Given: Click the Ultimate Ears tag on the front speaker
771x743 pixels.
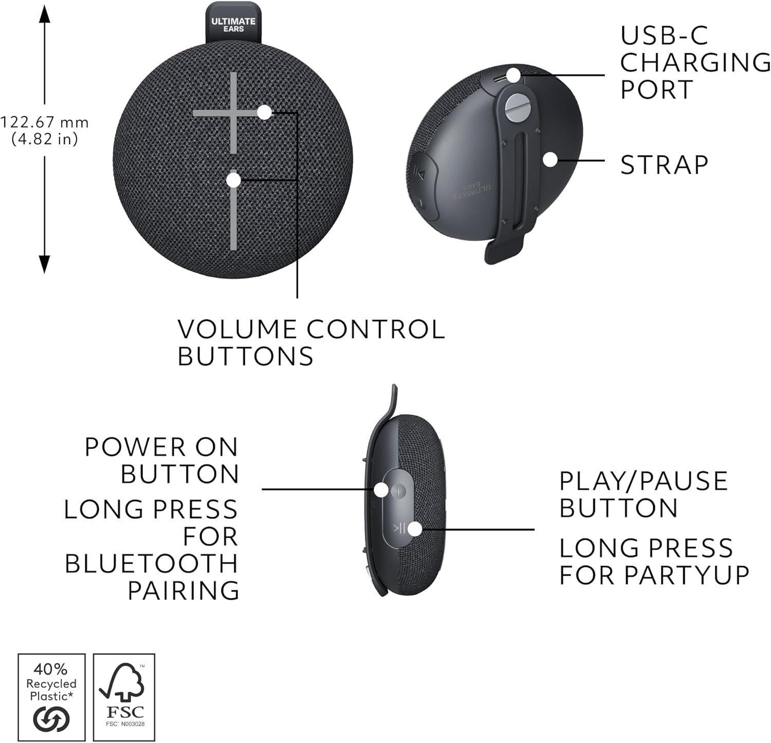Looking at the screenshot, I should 233,24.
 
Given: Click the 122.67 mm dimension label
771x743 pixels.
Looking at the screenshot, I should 45,122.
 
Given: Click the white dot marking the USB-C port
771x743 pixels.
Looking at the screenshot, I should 513,75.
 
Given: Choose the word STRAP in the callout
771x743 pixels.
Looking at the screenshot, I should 664,165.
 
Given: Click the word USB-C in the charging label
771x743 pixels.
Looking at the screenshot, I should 664,35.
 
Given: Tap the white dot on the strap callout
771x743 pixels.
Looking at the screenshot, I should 550,159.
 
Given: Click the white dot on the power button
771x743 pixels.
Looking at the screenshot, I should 381,490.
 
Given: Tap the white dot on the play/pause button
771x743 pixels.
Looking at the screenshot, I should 414,529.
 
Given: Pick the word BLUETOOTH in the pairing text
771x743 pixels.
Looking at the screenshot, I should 152,564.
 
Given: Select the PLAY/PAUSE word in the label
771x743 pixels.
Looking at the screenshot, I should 643,481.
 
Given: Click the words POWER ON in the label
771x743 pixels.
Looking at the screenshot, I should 161,447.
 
